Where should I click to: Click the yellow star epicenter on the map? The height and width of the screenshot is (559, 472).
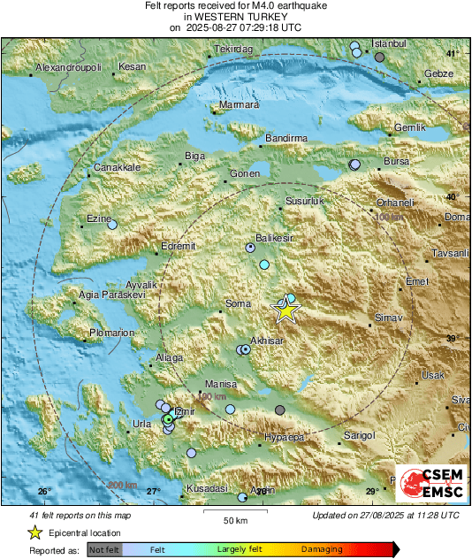pyautogui.click(x=285, y=310)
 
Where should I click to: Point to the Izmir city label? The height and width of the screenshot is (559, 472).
pyautogui.click(x=183, y=410)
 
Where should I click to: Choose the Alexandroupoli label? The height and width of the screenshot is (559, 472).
pyautogui.click(x=69, y=68)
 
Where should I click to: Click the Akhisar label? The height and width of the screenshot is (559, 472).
pyautogui.click(x=266, y=340)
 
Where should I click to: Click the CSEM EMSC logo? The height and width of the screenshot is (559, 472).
pyautogui.click(x=425, y=484)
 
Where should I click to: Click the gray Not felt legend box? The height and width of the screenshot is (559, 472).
pyautogui.click(x=103, y=550)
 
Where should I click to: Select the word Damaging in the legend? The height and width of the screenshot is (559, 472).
pyautogui.click(x=323, y=550)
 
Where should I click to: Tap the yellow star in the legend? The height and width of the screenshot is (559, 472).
pyautogui.click(x=34, y=532)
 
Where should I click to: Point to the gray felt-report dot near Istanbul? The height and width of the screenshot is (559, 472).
pyautogui.click(x=380, y=57)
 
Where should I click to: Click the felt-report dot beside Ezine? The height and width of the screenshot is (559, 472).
pyautogui.click(x=112, y=226)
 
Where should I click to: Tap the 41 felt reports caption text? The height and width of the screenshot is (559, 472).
pyautogui.click(x=80, y=515)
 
